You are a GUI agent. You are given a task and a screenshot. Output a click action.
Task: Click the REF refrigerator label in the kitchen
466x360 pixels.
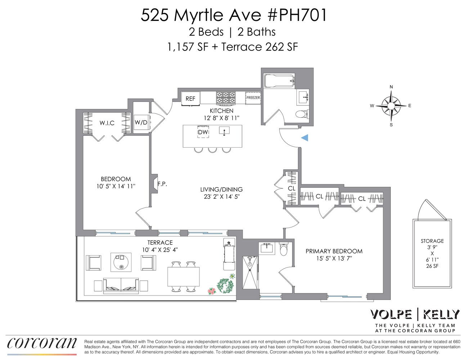[190, 99]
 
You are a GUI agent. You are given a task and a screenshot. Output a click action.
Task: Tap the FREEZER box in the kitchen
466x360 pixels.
[253, 98]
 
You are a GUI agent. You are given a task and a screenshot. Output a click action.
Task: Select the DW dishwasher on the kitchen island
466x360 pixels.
[203, 132]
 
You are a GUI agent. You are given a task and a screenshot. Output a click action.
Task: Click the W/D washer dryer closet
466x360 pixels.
[141, 122]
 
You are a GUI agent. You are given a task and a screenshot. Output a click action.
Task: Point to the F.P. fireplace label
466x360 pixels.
[162, 184]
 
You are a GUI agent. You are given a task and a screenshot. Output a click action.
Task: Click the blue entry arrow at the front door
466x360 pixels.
[305, 138]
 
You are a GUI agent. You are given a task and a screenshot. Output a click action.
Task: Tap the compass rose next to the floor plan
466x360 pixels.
[391, 106]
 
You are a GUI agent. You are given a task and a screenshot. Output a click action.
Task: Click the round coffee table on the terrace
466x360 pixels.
[121, 262]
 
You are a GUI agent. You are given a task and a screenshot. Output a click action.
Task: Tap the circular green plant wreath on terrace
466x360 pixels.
[226, 286]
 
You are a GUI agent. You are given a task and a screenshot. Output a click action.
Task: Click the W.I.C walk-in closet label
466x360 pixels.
[107, 123]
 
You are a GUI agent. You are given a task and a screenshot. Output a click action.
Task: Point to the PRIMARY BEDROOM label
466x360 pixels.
[334, 251]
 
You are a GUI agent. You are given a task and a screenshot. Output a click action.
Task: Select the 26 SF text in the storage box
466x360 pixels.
[432, 266]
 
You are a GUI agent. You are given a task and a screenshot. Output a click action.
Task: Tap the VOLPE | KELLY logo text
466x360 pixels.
[415, 314]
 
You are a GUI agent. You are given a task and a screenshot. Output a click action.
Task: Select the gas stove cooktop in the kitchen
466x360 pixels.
[226, 98]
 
